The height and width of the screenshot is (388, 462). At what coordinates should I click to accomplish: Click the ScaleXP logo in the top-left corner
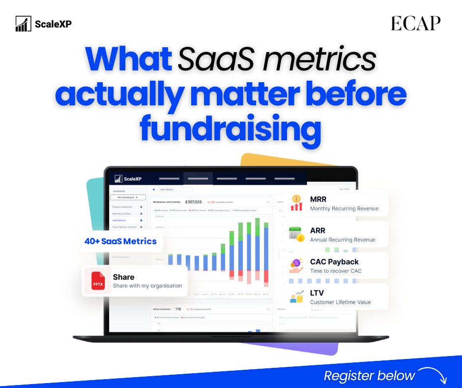[43, 24]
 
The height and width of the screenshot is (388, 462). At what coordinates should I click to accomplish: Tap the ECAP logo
[415, 24]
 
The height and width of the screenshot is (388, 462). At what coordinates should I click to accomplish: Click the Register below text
[369, 376]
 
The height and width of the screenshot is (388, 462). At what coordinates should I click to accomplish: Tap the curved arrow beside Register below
[433, 375]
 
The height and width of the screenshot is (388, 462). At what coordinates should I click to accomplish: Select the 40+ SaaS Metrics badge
[120, 241]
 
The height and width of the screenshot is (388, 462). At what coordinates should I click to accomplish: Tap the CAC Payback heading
[334, 261]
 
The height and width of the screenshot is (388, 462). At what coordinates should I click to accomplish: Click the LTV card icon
[296, 296]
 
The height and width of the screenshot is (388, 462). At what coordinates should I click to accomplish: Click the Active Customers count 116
[178, 309]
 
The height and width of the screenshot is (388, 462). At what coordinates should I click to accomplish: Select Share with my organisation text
[147, 286]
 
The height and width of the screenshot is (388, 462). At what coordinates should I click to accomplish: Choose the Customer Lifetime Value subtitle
[340, 302]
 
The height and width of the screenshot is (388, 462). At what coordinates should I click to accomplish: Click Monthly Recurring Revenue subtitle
[344, 208]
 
